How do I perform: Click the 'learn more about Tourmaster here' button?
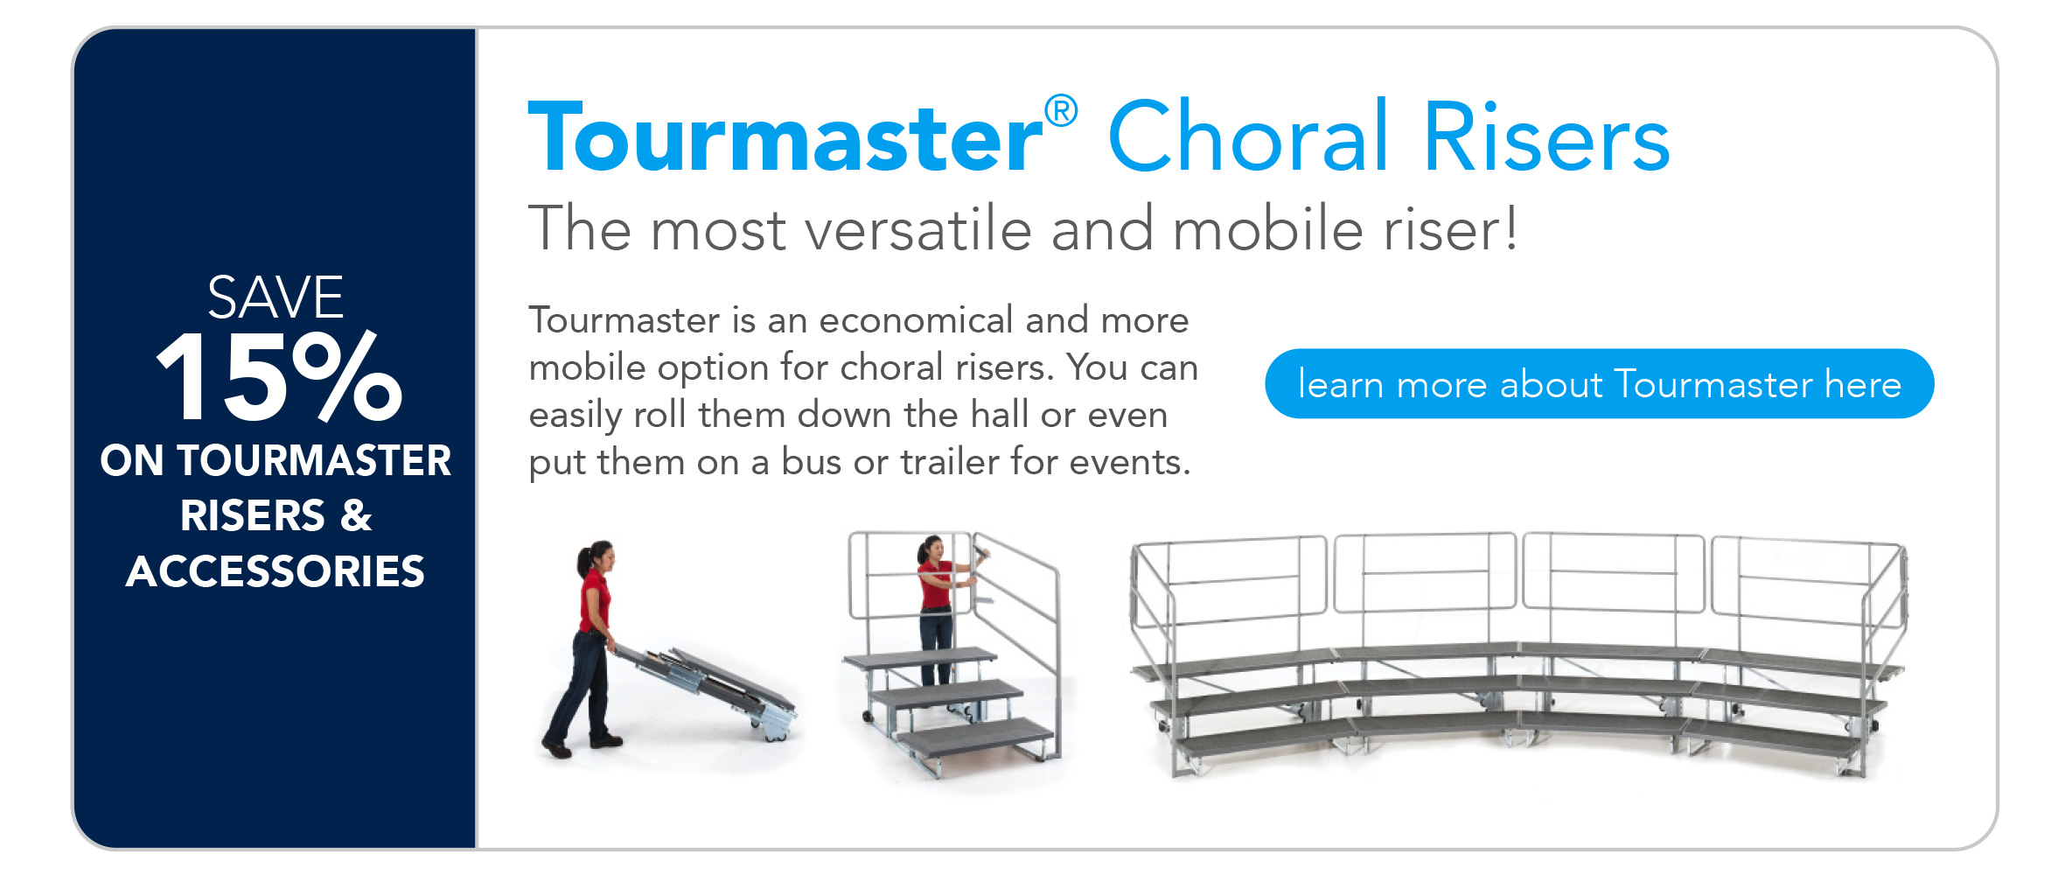click(x=1599, y=383)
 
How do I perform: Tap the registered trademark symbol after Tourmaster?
click(x=1060, y=111)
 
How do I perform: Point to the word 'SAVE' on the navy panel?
click(x=276, y=297)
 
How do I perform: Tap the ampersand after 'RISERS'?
click(x=356, y=515)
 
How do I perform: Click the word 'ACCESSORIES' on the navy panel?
click(x=276, y=571)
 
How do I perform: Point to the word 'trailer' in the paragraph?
click(x=950, y=461)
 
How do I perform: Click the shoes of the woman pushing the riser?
click(x=581, y=744)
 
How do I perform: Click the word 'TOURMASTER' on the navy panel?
click(x=314, y=460)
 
